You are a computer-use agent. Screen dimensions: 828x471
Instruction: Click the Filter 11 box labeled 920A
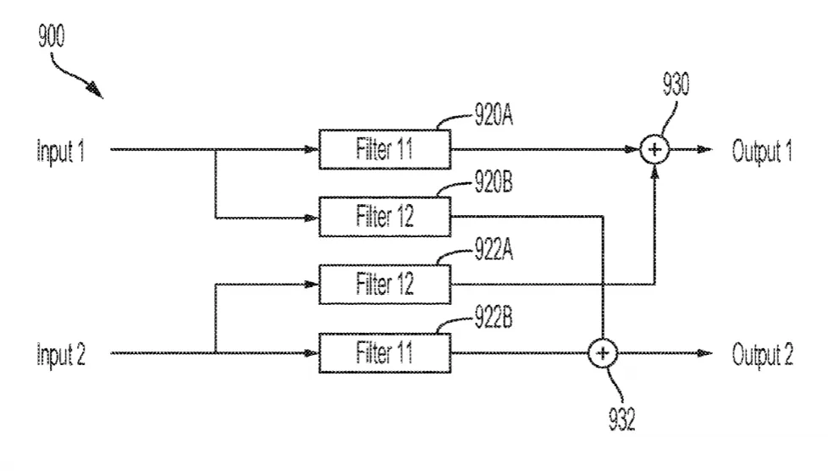(x=385, y=150)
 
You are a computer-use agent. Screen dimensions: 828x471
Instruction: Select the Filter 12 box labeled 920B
(x=385, y=217)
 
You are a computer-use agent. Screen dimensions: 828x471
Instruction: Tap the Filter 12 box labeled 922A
(x=385, y=285)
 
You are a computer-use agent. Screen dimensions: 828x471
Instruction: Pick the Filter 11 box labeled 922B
(x=385, y=352)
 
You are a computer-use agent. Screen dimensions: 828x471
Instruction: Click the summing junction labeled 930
(x=654, y=150)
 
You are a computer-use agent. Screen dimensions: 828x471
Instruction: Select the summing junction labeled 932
(x=603, y=353)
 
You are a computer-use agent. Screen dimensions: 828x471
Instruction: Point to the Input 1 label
(x=61, y=151)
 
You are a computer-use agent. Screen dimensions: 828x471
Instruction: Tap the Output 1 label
(x=762, y=151)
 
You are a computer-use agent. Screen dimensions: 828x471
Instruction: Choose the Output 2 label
(x=763, y=355)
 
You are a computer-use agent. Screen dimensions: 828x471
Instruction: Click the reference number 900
(x=52, y=36)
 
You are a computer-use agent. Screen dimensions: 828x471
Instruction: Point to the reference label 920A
(x=494, y=114)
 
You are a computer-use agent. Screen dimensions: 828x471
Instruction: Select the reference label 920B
(x=494, y=182)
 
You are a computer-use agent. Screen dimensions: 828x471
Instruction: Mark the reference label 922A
(x=494, y=249)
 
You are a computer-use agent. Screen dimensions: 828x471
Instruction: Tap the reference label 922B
(x=494, y=317)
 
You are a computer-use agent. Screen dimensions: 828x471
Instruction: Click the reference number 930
(x=676, y=85)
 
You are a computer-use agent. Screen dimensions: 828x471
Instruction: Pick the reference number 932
(x=621, y=419)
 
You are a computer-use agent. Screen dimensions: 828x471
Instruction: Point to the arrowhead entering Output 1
(x=704, y=150)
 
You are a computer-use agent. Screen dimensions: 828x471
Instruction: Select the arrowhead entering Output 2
(x=704, y=353)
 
